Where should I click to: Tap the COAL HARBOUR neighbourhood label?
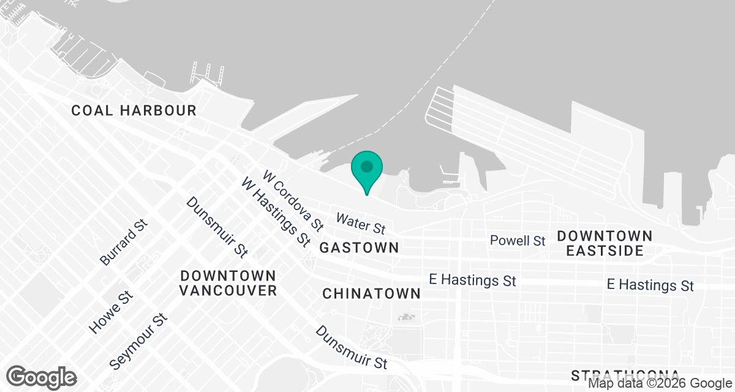point(134,111)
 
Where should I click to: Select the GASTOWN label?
point(359,248)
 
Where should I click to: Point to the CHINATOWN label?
point(372,294)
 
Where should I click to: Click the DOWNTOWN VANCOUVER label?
point(228,283)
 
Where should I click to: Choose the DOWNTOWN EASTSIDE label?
point(605,243)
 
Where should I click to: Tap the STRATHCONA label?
point(625,375)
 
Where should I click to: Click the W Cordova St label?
point(293,201)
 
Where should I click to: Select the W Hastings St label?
point(276,211)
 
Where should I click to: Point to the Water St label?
point(361,224)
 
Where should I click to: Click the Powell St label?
point(518,241)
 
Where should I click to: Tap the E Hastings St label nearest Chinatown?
point(472,281)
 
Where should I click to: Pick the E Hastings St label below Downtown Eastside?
point(650,285)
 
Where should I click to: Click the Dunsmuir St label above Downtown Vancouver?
point(217,226)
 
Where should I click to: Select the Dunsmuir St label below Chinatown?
point(352,347)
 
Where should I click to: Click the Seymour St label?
point(138,342)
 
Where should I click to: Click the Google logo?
point(42,377)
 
